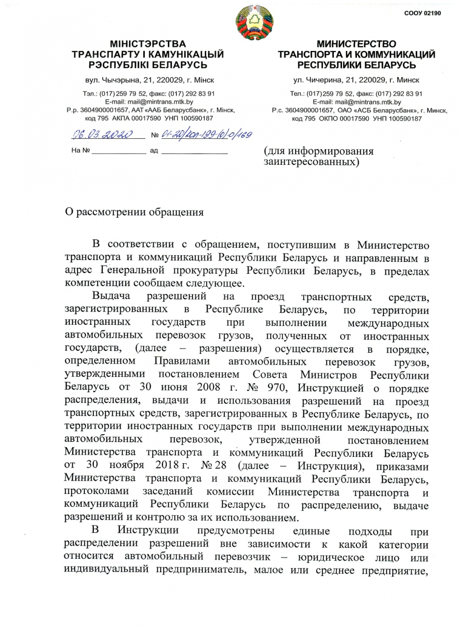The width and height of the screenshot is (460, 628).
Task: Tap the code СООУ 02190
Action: coord(422,13)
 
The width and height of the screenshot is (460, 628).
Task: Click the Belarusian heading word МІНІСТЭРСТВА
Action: coord(148,44)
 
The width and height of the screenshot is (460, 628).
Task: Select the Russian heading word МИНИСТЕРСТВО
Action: coord(356,44)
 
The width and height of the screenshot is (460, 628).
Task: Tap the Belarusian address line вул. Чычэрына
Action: coord(148,79)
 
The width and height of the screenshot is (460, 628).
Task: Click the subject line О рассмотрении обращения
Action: coord(134,212)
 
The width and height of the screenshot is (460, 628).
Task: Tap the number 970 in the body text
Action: coord(282,387)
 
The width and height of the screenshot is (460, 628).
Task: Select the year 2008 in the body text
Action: coord(195,387)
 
